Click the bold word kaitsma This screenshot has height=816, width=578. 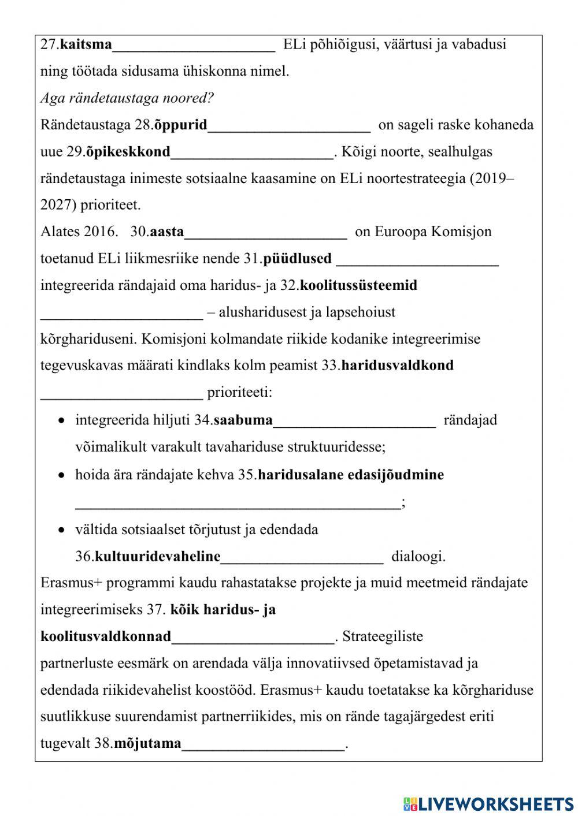tap(86, 44)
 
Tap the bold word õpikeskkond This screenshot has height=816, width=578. tap(128, 152)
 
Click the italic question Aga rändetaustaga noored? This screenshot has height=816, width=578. tap(127, 98)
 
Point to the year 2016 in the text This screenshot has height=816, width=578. tap(101, 232)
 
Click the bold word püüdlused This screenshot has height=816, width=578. tap(297, 259)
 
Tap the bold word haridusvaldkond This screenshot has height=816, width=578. tap(398, 366)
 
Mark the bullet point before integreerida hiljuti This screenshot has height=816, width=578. tap(61, 420)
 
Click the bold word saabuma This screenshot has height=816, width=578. tap(243, 420)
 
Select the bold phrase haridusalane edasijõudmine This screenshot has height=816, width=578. tap(351, 475)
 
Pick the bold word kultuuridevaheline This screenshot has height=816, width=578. tap(157, 557)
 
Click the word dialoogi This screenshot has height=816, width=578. tap(418, 557)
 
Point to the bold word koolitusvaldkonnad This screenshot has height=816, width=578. tap(106, 637)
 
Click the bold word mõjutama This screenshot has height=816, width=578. tap(147, 744)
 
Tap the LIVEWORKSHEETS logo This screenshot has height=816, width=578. tap(488, 803)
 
